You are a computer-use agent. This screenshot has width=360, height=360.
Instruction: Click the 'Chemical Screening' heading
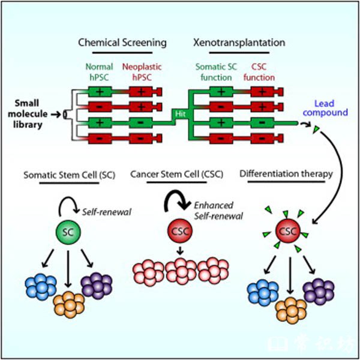coord(123,43)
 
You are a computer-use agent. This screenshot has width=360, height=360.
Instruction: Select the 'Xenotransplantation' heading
coord(239,43)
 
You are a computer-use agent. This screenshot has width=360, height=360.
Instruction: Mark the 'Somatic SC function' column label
coord(220,72)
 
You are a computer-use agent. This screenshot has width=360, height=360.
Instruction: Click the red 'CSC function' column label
coord(263,72)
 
